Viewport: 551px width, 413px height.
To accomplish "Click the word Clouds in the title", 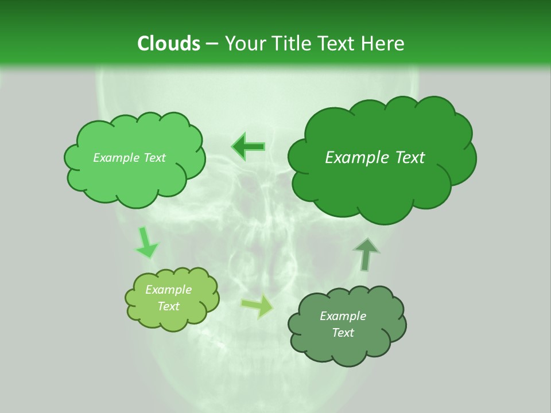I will [168, 44].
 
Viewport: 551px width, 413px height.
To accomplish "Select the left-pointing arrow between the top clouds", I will [249, 146].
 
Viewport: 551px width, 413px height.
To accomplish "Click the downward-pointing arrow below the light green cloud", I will [146, 242].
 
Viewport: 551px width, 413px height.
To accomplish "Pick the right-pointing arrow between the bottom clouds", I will [257, 306].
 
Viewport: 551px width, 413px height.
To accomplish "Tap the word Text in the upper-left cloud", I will [154, 158].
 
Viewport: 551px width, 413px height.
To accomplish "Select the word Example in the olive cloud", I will [168, 290].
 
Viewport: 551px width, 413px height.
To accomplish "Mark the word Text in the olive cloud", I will [169, 306].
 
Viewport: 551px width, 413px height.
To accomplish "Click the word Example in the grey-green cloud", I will [343, 316].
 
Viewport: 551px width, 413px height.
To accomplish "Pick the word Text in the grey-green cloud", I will [343, 333].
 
